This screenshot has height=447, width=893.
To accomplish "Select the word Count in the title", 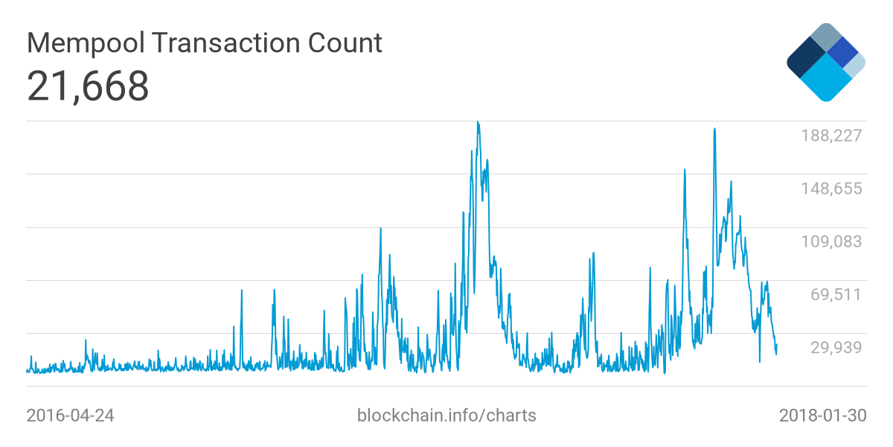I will [x=347, y=43].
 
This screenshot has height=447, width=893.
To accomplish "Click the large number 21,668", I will [x=88, y=86].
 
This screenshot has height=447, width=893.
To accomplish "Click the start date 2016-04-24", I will [x=70, y=415].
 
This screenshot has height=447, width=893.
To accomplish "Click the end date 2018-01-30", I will [x=822, y=415].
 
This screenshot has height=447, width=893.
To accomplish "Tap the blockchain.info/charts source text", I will [x=446, y=415].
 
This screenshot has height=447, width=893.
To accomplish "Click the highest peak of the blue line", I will [x=478, y=122].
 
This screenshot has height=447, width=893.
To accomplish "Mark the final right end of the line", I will [x=777, y=344].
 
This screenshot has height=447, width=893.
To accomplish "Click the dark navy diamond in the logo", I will [x=804, y=60].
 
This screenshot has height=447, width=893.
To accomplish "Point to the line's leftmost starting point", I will [x=27, y=369].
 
